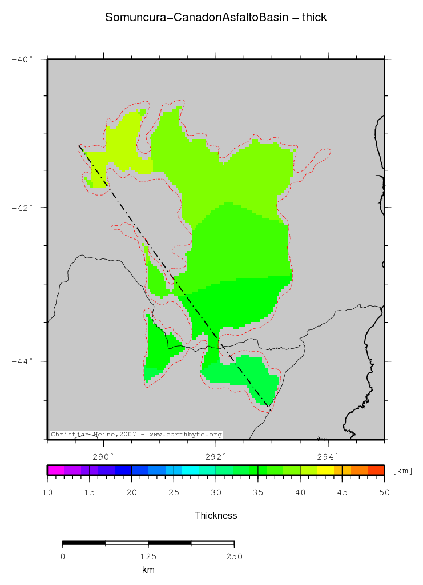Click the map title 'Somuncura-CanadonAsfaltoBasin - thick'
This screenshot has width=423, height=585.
(x=216, y=18)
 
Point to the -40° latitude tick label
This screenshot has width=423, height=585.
(x=22, y=59)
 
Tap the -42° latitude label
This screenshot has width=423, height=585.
(x=22, y=208)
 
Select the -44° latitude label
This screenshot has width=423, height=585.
(x=22, y=361)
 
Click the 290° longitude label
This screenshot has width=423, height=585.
(x=103, y=456)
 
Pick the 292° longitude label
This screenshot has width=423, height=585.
(x=216, y=456)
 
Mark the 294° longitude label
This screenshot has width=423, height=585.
(x=328, y=456)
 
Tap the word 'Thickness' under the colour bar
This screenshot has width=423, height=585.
(x=216, y=515)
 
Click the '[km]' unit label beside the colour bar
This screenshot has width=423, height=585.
(x=402, y=471)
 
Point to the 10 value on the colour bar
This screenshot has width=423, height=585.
(x=47, y=492)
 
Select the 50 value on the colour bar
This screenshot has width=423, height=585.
(x=384, y=492)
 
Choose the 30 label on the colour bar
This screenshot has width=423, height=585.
(x=216, y=492)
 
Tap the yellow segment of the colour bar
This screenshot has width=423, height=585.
(x=325, y=470)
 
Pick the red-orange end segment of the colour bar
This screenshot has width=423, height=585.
(x=376, y=470)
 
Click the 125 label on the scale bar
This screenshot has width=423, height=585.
(x=148, y=556)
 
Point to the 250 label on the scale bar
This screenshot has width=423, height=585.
(x=234, y=556)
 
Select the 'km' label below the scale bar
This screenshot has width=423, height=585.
(x=148, y=570)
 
